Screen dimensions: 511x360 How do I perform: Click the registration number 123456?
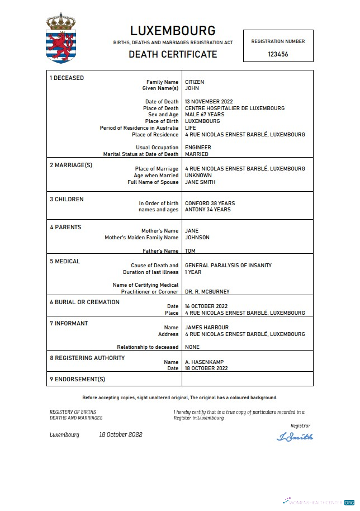278,54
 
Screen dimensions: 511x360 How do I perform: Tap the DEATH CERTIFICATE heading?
173,54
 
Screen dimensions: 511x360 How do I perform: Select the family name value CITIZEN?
195,82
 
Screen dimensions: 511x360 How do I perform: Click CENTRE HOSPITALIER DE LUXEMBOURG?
235,108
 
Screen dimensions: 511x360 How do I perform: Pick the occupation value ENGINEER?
198,148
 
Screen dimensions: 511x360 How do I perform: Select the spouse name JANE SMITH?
200,182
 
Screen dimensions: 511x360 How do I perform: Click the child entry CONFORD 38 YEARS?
210,204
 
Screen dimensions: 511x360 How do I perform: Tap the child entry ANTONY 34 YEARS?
207,210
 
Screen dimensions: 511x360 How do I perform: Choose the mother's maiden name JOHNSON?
197,238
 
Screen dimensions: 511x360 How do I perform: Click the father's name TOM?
190,251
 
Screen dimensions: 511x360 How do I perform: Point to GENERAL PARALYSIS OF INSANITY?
228,266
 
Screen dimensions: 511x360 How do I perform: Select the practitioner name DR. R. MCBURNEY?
207,292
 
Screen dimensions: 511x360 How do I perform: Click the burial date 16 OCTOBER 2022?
206,306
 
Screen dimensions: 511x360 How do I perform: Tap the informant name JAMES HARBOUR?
207,328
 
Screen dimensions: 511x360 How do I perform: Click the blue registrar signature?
295,437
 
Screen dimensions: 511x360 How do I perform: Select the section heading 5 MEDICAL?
65,261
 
